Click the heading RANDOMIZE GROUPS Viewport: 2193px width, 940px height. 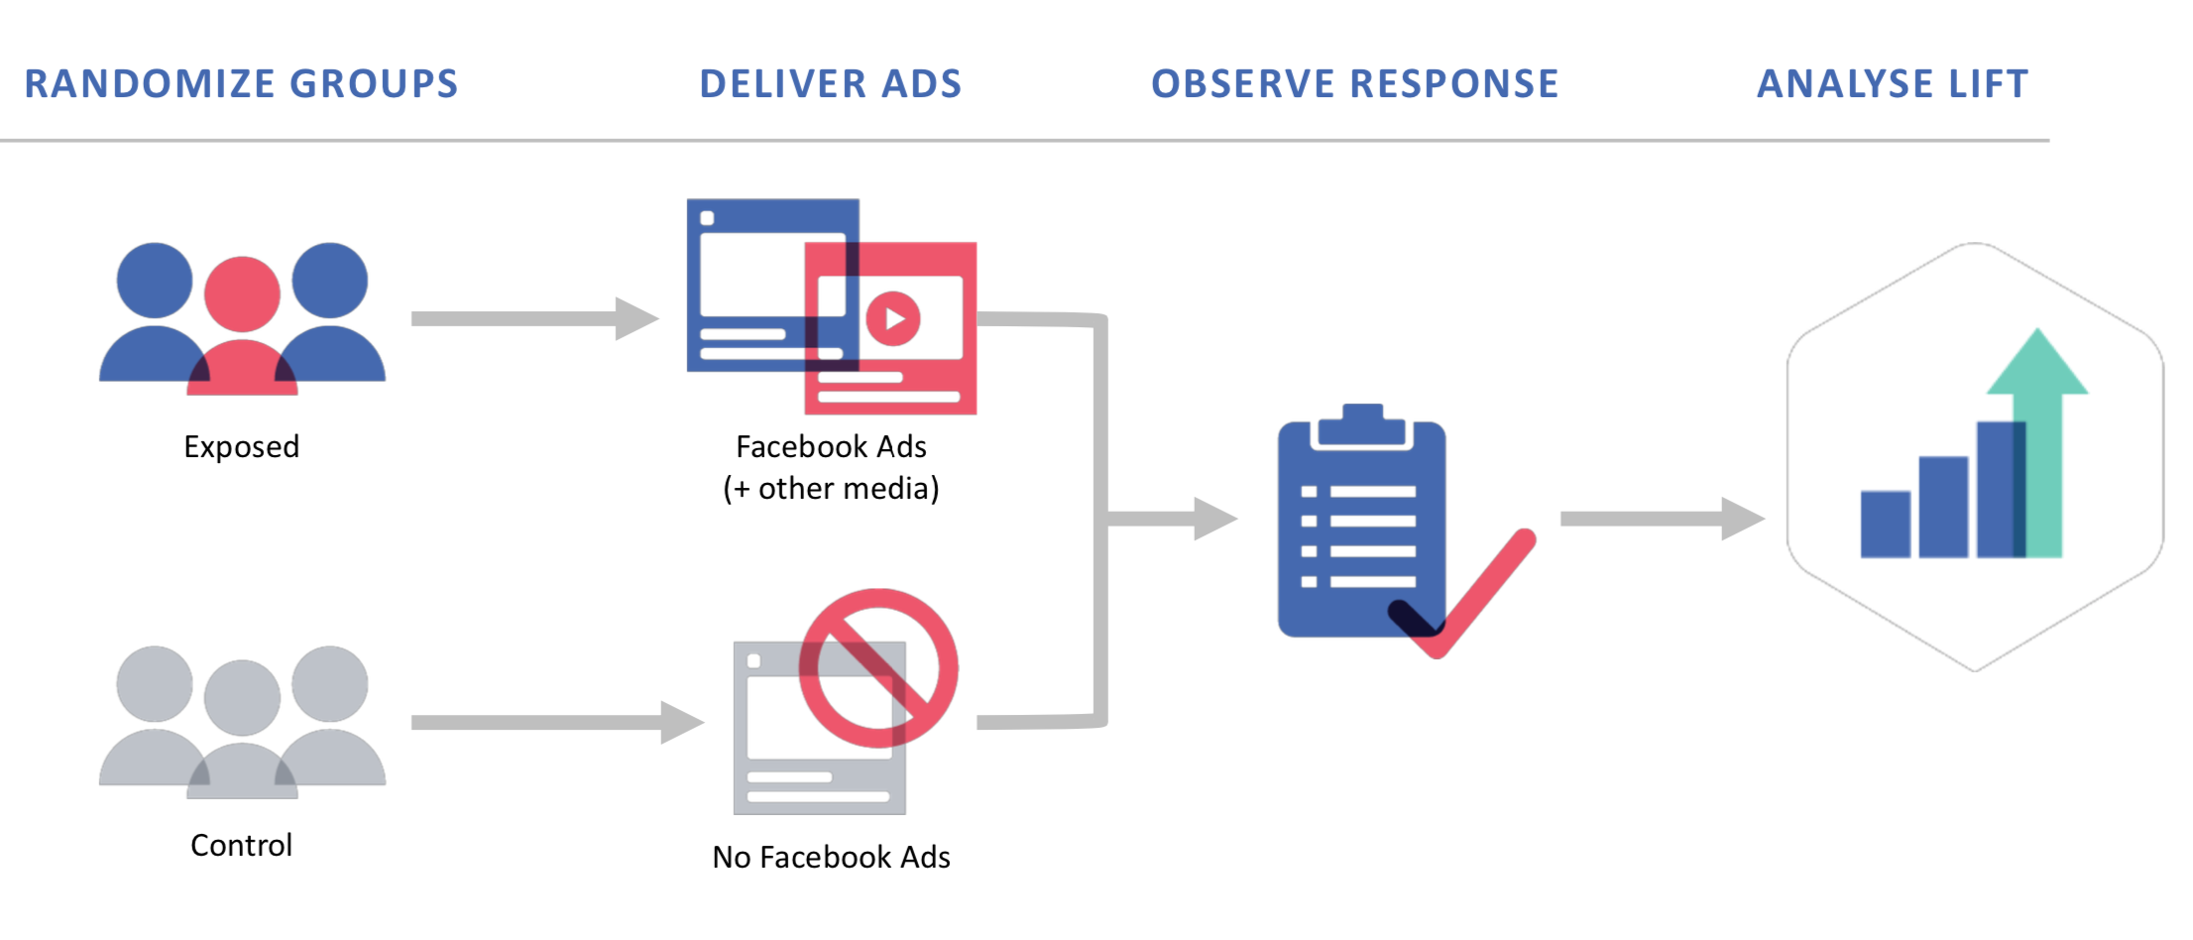241,84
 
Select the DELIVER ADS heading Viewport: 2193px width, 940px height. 831,84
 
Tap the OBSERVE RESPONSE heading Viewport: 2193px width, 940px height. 1354,84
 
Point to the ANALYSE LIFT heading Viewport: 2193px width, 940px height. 1893,84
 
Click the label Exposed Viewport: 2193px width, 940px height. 241,447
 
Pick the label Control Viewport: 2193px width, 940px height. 241,846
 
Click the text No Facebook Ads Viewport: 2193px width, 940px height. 831,858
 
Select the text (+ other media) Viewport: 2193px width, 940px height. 831,489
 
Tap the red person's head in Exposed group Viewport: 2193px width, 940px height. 242,294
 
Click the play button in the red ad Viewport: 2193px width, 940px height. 893,319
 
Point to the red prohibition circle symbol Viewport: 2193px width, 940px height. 878,668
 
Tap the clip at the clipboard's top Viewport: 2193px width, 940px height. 1362,424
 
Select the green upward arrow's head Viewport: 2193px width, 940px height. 2037,365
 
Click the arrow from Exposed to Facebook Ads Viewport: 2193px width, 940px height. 535,318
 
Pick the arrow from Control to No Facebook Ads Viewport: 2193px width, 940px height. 555,723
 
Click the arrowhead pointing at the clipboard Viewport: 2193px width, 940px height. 1213,519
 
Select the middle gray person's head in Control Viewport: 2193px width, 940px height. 242,697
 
